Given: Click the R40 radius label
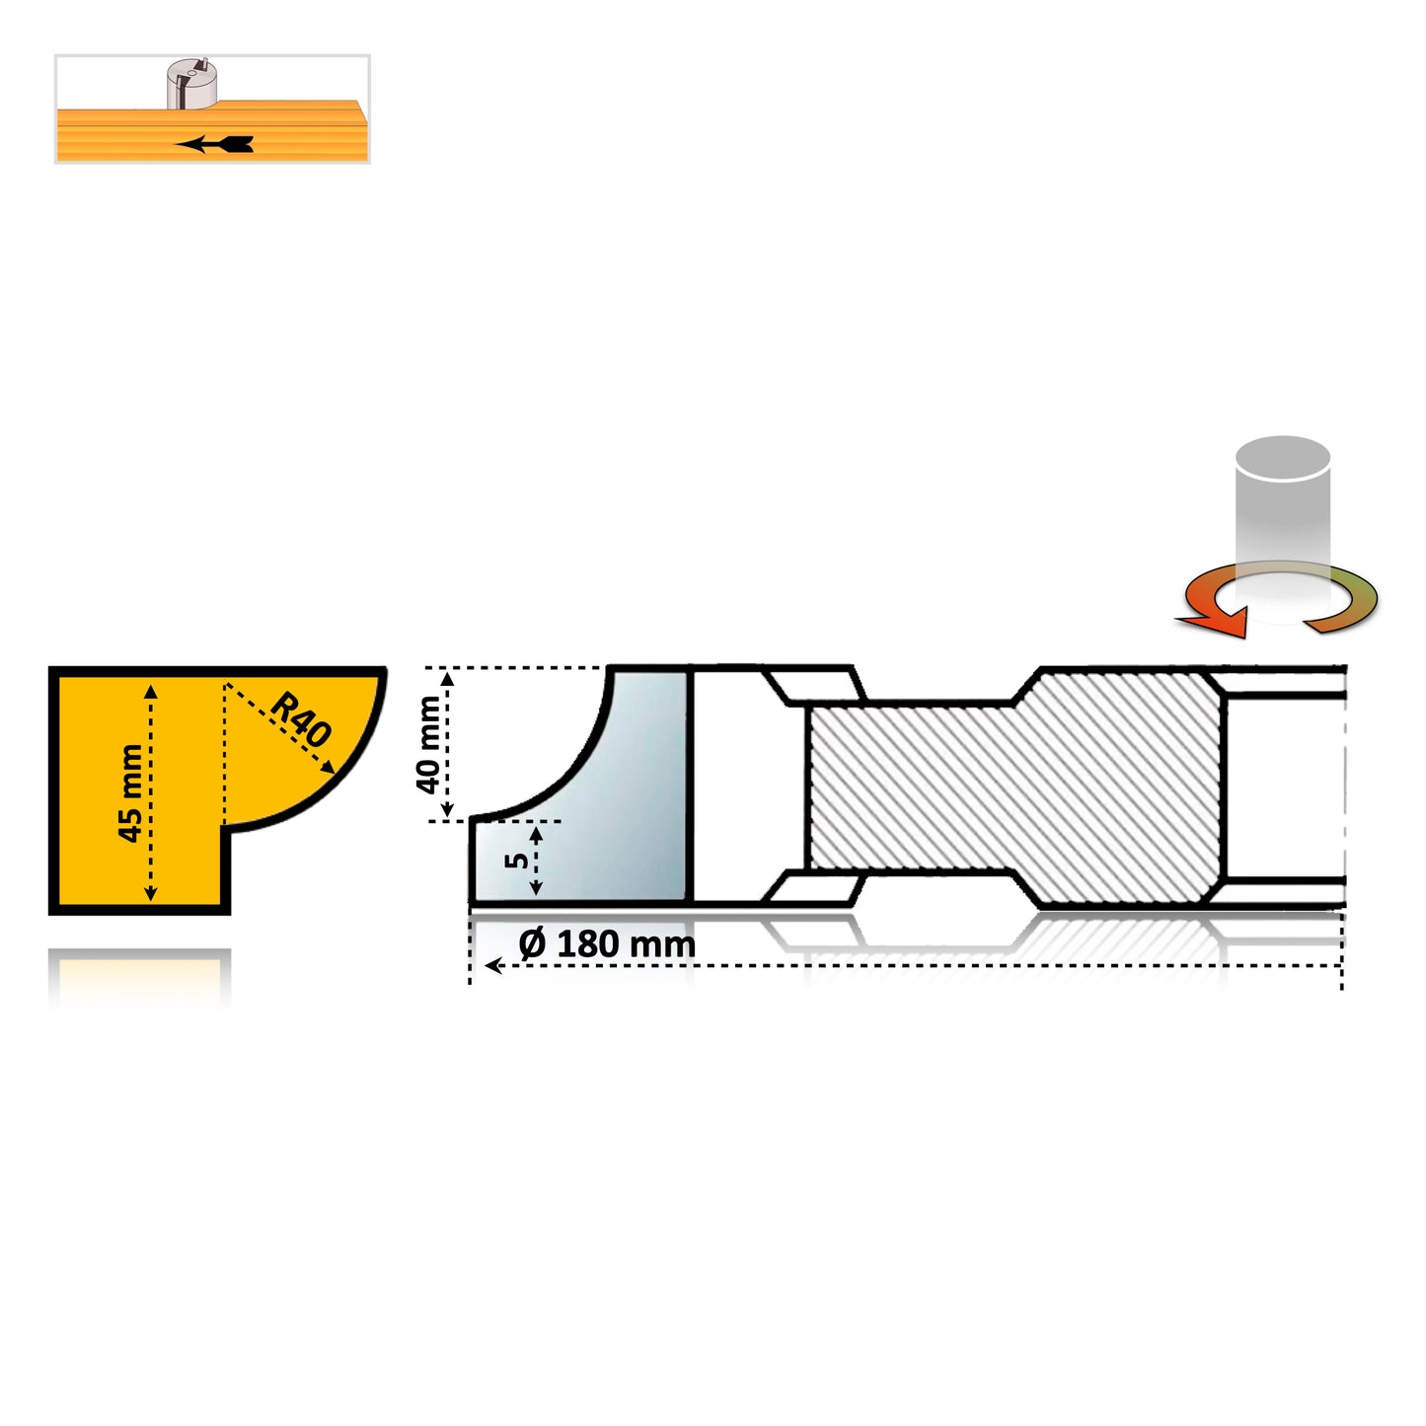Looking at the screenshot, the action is pos(301,718).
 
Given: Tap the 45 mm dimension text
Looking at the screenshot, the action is pos(131,792).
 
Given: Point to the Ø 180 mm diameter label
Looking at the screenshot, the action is pos(607,943).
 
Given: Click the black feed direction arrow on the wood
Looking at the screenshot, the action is pos(214,144).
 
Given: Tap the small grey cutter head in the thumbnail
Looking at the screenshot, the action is pos(190,83).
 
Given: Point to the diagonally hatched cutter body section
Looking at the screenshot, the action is pos(1015,786).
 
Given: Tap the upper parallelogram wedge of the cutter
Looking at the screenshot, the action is pos(815,685).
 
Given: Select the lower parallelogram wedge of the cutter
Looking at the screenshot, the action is pos(815,886).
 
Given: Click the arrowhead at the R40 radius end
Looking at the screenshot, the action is pos(327,768).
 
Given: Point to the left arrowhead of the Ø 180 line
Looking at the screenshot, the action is pos(493,966).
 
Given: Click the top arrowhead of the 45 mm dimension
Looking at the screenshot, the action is pos(150,692).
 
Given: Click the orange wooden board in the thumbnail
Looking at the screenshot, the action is pos(213,131).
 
